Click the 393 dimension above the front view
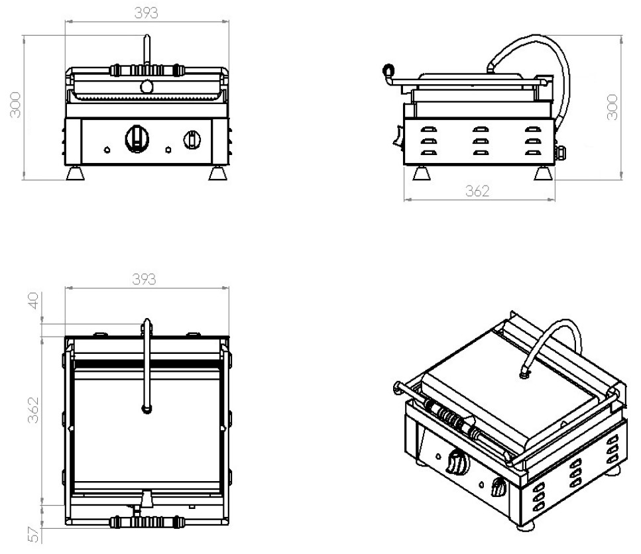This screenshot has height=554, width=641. tap(146, 13)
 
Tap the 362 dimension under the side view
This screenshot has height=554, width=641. tap(477, 191)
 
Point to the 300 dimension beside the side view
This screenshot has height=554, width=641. tap(612, 107)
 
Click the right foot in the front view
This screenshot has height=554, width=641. tap(217, 174)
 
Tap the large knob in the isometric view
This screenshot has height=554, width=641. tap(456, 462)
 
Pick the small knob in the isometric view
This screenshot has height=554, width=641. tap(499, 490)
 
